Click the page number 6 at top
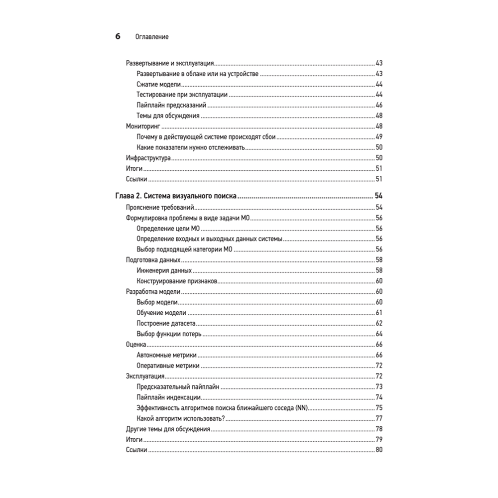(x=118, y=36)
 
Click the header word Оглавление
(x=151, y=37)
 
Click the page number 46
(x=378, y=105)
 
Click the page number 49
(x=378, y=137)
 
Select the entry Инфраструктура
(x=148, y=158)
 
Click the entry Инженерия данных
(x=164, y=270)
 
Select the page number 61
(x=378, y=313)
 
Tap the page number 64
(x=378, y=334)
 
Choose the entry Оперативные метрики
(x=168, y=366)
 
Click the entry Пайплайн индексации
(x=168, y=397)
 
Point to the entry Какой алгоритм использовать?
(x=181, y=418)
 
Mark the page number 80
(x=378, y=450)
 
